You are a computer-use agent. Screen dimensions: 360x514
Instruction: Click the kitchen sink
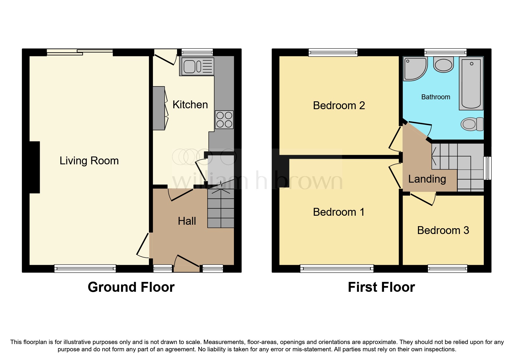[x=196, y=66]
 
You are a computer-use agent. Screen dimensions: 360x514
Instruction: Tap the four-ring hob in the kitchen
[x=224, y=120]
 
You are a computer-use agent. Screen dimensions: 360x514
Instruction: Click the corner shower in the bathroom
[x=414, y=68]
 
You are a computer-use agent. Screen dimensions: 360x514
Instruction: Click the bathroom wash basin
[x=443, y=64]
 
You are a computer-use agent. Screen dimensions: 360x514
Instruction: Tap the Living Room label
[x=89, y=161]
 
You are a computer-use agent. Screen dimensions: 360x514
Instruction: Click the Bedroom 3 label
[x=443, y=230]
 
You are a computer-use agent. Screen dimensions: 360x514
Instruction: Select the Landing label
[x=427, y=179]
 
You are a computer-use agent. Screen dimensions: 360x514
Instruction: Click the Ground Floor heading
[x=131, y=287]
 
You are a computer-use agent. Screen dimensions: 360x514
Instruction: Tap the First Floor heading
[x=381, y=287]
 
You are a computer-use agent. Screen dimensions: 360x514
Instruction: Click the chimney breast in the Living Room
[x=34, y=167]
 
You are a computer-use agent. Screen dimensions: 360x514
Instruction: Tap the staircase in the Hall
[x=221, y=208]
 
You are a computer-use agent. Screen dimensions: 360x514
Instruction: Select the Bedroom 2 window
[x=333, y=52]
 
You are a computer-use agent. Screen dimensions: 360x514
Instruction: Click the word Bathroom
[x=435, y=97]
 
